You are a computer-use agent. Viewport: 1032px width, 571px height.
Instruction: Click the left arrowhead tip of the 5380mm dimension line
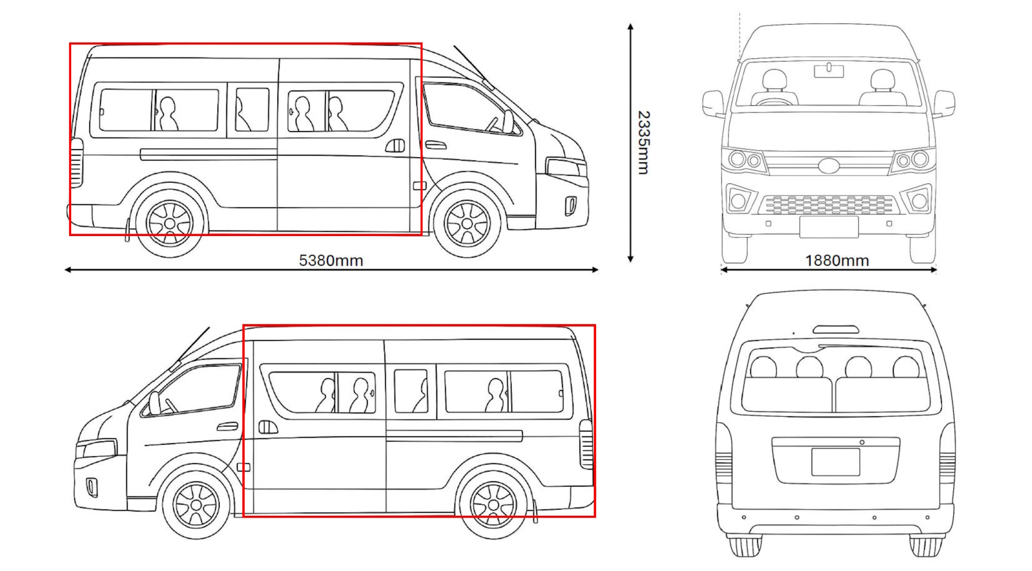65,270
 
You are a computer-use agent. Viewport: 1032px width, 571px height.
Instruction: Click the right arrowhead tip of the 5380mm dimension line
599,270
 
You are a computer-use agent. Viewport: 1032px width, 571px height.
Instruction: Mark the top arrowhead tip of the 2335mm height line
631,23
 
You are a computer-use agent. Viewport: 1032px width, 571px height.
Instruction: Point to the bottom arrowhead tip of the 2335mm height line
631,263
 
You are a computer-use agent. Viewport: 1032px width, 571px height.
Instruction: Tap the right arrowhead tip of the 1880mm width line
937,270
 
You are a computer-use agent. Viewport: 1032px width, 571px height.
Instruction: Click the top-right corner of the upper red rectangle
421,44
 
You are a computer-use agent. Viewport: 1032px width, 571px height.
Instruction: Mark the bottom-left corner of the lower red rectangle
244,516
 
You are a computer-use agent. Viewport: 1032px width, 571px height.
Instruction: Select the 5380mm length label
331,261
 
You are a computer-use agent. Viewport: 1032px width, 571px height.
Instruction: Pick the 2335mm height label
643,143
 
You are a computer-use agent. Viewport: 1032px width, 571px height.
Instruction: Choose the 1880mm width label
837,261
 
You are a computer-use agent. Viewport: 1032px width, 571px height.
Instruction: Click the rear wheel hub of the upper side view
170,224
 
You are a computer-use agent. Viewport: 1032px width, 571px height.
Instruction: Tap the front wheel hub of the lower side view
196,505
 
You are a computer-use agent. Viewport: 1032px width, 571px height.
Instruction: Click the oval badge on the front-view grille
829,166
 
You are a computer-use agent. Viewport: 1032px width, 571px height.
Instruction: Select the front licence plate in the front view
829,228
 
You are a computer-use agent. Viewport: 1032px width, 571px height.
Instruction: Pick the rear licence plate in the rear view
835,462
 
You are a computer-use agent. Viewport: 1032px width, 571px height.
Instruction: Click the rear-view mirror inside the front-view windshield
829,71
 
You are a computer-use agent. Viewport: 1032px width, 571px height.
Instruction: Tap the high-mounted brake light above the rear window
835,329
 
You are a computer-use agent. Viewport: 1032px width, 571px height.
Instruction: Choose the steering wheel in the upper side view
493,124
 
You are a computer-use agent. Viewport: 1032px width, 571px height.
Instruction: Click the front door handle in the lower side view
228,427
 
